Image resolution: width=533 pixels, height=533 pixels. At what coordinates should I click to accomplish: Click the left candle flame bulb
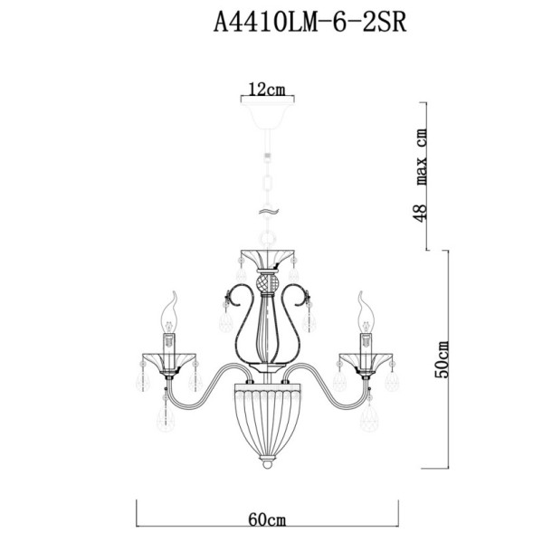168,311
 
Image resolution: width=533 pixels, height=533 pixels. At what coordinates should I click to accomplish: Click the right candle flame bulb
366,311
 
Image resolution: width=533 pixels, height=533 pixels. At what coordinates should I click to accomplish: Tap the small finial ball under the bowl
267,470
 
